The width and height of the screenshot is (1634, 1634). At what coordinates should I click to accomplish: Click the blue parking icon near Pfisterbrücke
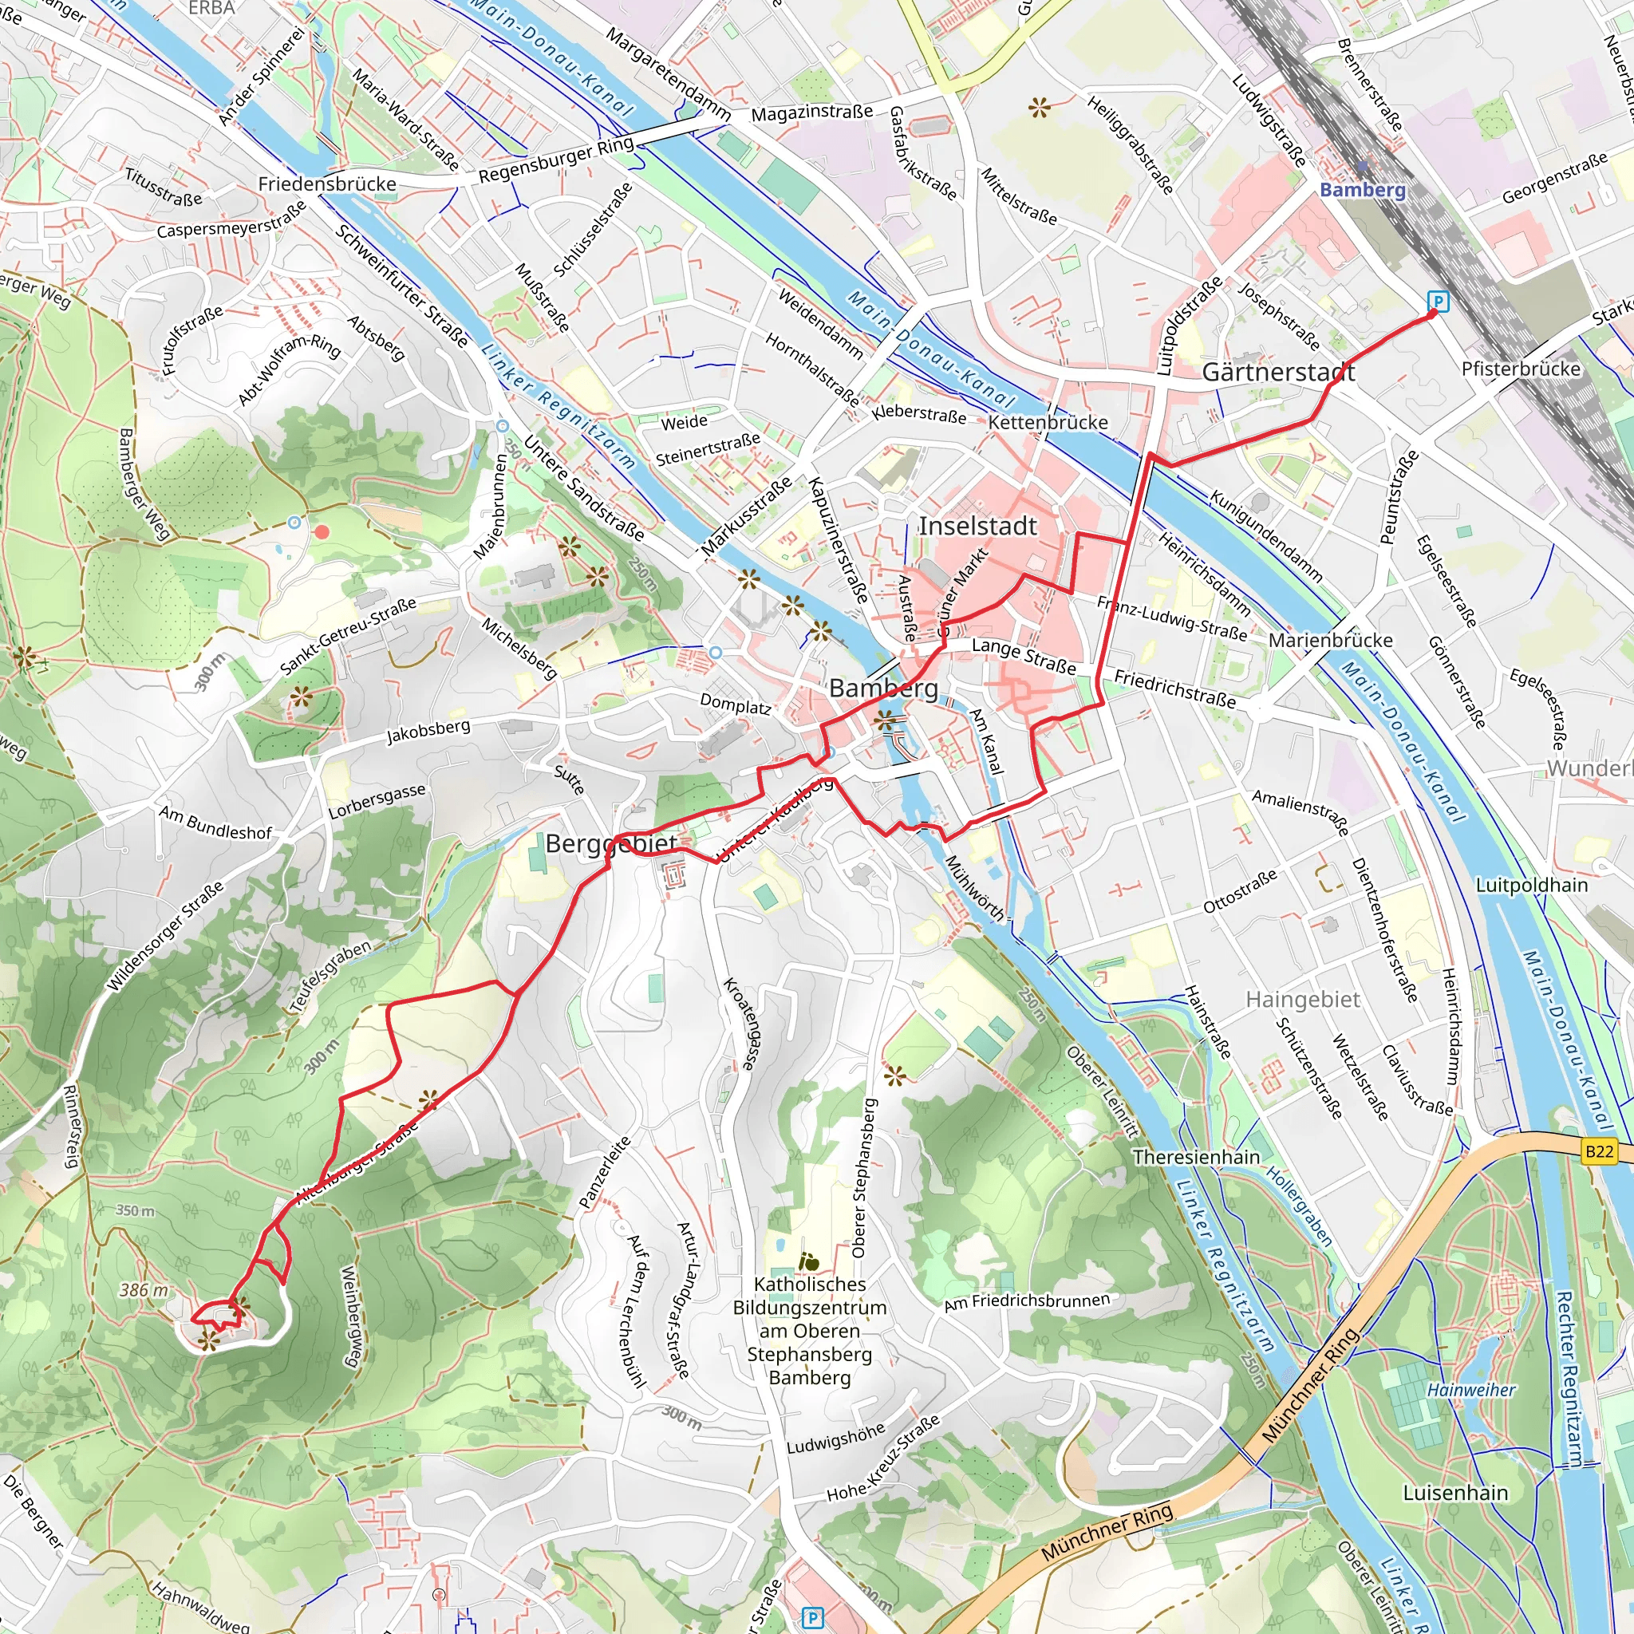(x=1437, y=301)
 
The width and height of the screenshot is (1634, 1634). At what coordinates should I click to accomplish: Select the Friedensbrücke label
(x=326, y=184)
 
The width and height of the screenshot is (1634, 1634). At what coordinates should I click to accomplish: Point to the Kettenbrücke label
(x=1047, y=422)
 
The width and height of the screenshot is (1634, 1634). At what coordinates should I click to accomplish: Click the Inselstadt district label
(x=977, y=526)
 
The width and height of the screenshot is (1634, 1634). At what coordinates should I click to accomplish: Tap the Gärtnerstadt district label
(x=1278, y=372)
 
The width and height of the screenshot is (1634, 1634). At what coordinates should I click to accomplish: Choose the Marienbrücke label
(x=1329, y=640)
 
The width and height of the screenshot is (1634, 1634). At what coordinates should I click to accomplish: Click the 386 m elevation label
(x=144, y=1290)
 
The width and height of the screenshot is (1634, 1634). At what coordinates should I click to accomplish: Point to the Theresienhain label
(x=1196, y=1157)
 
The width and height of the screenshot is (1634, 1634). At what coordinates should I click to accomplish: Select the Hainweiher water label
(x=1470, y=1390)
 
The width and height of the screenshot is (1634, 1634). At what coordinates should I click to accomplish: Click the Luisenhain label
(x=1454, y=1493)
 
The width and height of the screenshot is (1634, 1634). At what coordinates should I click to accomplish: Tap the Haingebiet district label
(x=1302, y=1000)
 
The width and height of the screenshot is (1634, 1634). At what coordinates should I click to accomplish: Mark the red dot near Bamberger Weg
(x=322, y=532)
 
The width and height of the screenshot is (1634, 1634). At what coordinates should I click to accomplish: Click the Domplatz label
(x=735, y=704)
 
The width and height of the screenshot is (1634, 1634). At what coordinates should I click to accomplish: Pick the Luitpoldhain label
(x=1532, y=885)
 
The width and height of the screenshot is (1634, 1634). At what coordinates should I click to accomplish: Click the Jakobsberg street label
(x=428, y=732)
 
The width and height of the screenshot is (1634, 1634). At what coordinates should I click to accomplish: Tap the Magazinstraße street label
(x=811, y=112)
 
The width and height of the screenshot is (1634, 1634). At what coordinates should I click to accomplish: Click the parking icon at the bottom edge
(x=812, y=1618)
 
